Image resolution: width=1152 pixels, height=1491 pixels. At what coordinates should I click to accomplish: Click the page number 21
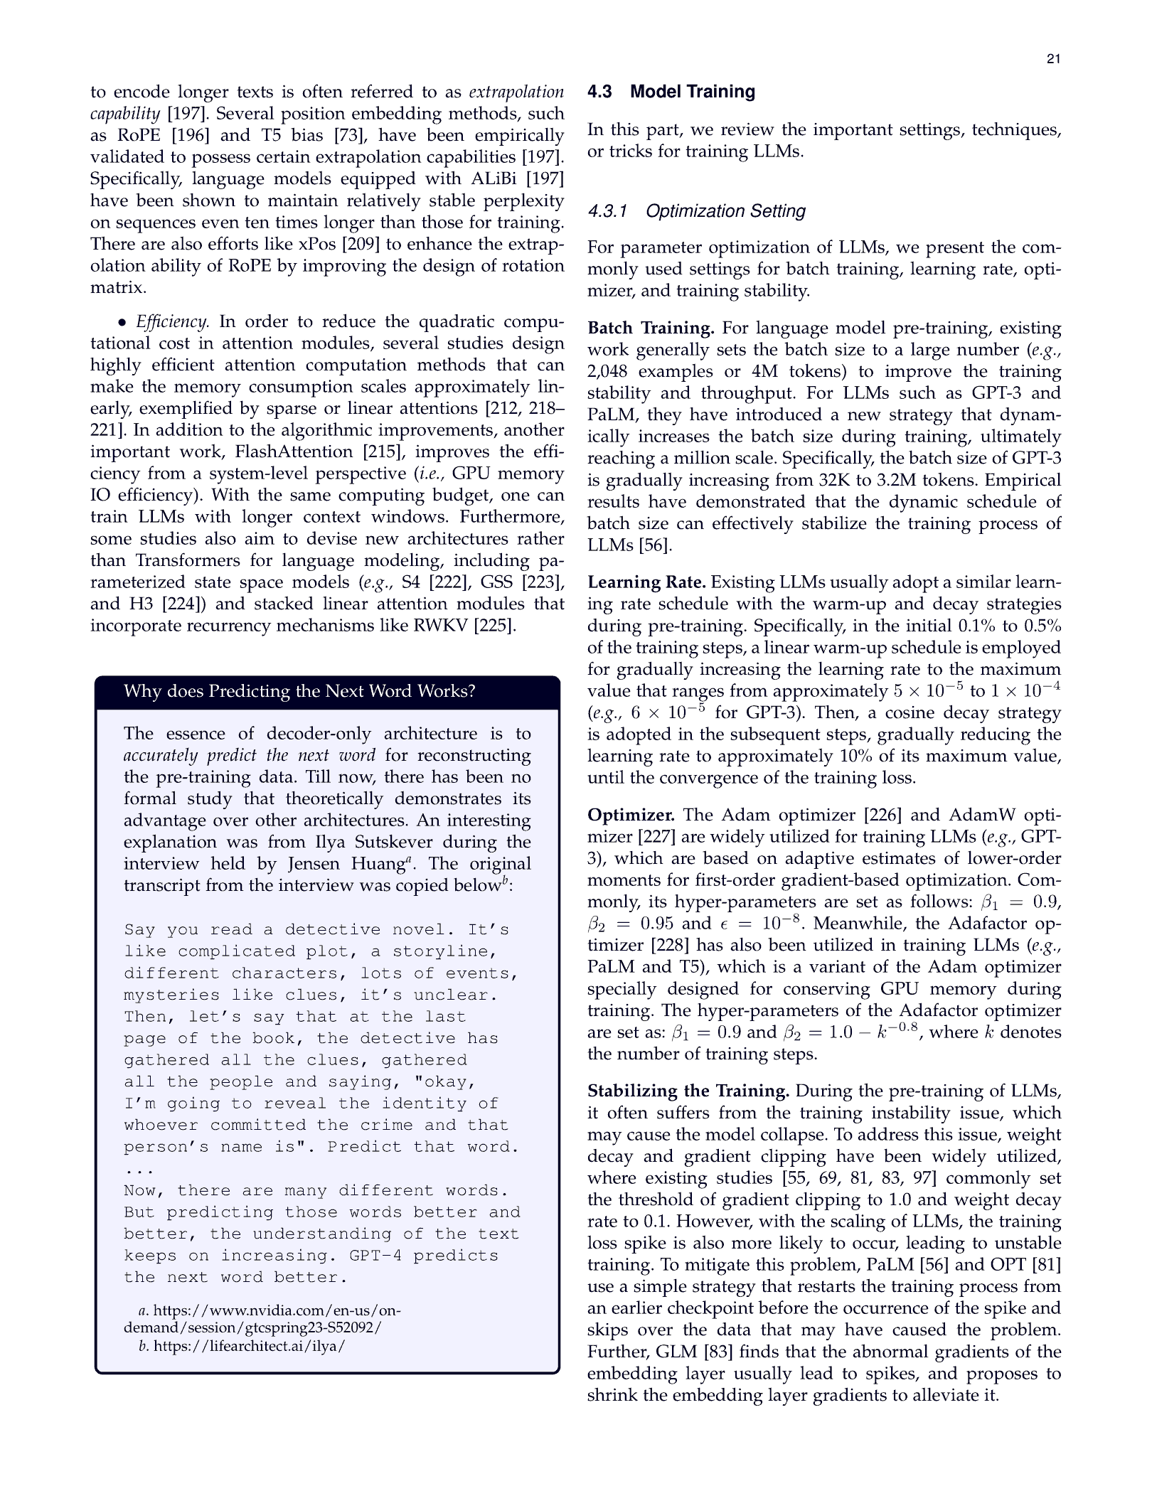tap(1053, 59)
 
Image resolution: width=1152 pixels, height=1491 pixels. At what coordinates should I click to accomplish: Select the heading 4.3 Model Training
tap(671, 92)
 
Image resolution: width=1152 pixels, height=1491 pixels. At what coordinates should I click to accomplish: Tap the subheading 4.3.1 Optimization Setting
tap(696, 211)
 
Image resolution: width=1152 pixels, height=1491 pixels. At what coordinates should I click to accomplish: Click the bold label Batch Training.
tap(650, 328)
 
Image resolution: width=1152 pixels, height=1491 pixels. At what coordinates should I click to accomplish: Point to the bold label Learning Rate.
tap(646, 582)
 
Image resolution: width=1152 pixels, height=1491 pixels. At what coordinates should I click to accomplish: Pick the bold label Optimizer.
tap(631, 815)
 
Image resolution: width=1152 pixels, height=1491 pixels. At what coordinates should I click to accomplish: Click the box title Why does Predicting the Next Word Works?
tap(299, 691)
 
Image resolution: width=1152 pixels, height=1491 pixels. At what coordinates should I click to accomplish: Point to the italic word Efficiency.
tap(172, 322)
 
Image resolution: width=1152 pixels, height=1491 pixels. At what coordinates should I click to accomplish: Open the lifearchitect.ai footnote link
tap(249, 1346)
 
